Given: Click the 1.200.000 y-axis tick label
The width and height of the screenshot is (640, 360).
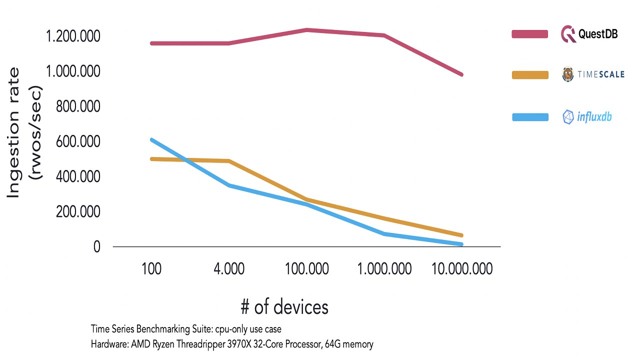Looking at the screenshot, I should (73, 36).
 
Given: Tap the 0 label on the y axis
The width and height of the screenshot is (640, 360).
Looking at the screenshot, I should (96, 247).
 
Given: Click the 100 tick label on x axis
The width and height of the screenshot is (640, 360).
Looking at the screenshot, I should (151, 269).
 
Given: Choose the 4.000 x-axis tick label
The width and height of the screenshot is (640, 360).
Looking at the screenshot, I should (229, 269).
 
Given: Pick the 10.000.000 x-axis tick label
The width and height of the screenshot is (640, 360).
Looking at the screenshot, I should (462, 269).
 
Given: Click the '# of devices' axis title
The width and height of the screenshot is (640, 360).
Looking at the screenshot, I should (284, 306).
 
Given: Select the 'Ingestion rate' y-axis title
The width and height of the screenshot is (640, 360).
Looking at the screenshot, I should (14, 132).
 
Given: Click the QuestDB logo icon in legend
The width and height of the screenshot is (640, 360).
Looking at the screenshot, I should (568, 34).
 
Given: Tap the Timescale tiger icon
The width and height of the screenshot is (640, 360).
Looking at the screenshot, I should (568, 75).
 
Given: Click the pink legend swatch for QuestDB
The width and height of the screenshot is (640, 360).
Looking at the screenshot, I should (530, 34).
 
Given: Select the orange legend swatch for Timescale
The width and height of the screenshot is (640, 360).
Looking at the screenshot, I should (530, 75).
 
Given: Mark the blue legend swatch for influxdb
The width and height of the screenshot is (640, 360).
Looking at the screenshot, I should (530, 117).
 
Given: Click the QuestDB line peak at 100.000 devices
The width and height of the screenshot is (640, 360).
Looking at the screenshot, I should (306, 30).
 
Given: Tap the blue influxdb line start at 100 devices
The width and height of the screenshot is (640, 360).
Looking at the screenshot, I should (151, 139).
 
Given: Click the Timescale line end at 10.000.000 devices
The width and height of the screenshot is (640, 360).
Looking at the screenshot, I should (461, 235).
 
